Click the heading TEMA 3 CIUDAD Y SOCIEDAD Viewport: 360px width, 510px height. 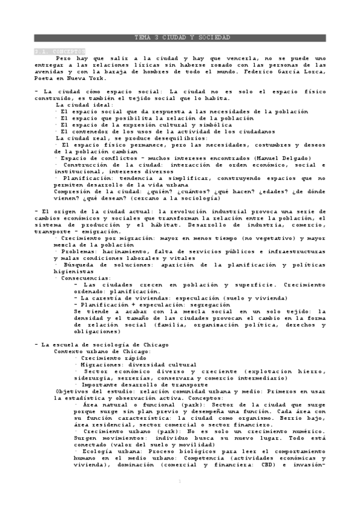click(180, 37)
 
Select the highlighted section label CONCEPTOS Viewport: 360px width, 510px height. click(60, 51)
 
